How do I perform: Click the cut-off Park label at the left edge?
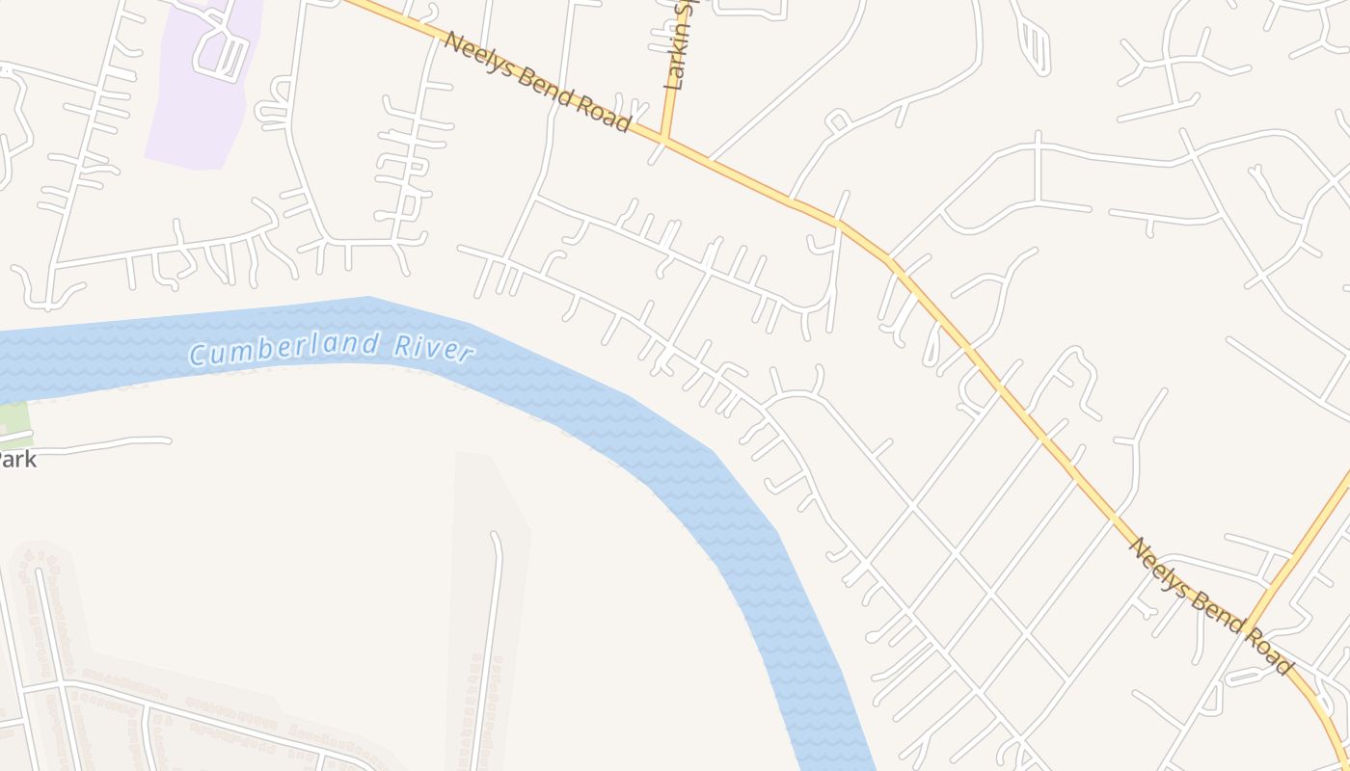point(17,459)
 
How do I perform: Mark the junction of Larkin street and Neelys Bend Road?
point(664,140)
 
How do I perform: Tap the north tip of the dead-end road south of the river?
point(495,535)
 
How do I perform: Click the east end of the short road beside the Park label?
point(169,440)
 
